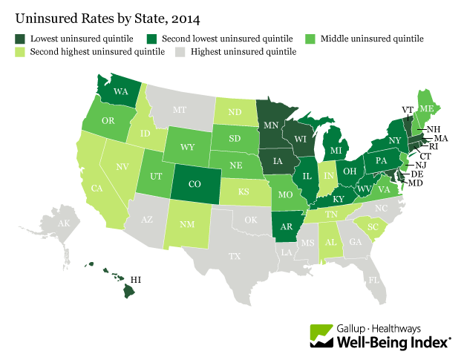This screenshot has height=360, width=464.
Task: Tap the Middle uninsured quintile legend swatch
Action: [310, 37]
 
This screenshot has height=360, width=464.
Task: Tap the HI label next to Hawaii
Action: [136, 279]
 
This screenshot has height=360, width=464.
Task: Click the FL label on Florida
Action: [373, 281]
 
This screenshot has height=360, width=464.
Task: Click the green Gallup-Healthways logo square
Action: [321, 334]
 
